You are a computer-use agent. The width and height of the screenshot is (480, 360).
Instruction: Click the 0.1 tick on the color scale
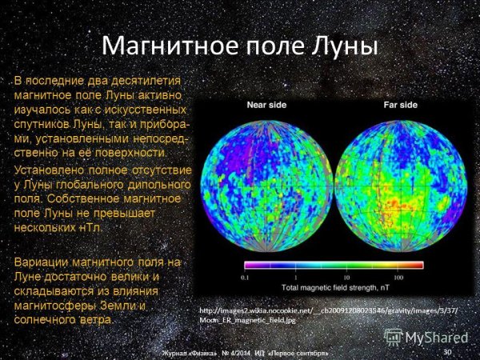[x=245, y=276]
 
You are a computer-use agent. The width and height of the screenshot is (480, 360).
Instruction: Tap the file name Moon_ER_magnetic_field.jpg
[x=247, y=319]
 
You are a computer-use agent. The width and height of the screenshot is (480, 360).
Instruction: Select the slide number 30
[x=446, y=351]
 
